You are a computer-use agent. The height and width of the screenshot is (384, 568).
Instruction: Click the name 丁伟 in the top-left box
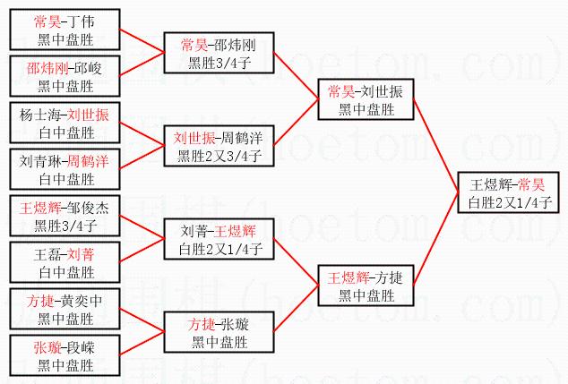82,21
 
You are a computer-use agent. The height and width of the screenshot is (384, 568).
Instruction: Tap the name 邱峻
88,68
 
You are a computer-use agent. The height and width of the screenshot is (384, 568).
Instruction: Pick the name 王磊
47,255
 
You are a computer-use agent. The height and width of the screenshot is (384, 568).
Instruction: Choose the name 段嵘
82,348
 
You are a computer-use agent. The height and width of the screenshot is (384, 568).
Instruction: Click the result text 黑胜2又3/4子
219,156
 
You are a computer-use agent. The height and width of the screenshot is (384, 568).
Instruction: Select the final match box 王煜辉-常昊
508,192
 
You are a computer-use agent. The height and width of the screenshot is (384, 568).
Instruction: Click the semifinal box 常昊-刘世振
366,99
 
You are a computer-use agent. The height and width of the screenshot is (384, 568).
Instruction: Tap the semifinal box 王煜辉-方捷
366,286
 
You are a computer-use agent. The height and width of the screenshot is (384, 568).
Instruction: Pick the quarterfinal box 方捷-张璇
219,332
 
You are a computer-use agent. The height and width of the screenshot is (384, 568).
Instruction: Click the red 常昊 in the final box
531,184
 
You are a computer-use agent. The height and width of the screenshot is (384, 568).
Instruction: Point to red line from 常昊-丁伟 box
142,41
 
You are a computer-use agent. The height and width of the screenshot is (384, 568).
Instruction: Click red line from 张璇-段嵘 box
142,344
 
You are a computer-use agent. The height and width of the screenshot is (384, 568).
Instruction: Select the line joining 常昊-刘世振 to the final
435,146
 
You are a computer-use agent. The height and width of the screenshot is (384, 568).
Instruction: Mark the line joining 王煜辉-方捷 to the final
435,239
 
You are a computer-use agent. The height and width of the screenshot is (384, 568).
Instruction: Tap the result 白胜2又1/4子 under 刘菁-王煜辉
220,249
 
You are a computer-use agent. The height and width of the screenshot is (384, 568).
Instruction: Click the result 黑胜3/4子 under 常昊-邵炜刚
219,63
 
